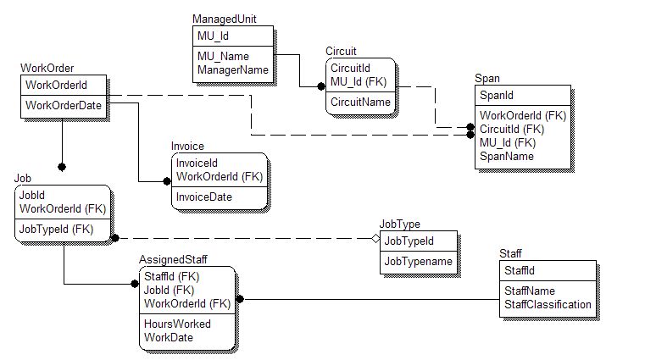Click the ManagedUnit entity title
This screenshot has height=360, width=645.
[x=224, y=19]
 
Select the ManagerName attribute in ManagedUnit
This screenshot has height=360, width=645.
[x=232, y=70]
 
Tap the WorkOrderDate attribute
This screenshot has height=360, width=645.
[x=64, y=105]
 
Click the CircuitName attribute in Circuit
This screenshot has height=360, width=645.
[x=360, y=102]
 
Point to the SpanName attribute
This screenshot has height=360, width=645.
[x=507, y=157]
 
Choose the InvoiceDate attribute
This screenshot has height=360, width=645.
[x=204, y=197]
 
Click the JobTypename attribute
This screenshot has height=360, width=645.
[x=419, y=262]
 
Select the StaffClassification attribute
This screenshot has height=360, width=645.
[x=548, y=304]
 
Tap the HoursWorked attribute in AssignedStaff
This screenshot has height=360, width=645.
[x=177, y=324]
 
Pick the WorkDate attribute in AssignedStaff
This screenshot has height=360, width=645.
[x=169, y=337]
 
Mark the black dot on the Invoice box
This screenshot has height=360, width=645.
[x=167, y=180]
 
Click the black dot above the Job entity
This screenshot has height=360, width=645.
[x=62, y=167]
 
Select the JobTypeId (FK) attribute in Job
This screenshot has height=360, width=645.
[x=57, y=229]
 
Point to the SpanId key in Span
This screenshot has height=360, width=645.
[x=497, y=97]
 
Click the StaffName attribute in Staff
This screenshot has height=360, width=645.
[x=531, y=291]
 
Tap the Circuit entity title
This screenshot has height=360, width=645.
[x=341, y=52]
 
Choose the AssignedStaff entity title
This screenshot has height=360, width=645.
[x=174, y=259]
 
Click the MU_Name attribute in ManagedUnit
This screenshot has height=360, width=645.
[x=223, y=56]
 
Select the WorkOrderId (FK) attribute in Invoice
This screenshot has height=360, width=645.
[x=220, y=176]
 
